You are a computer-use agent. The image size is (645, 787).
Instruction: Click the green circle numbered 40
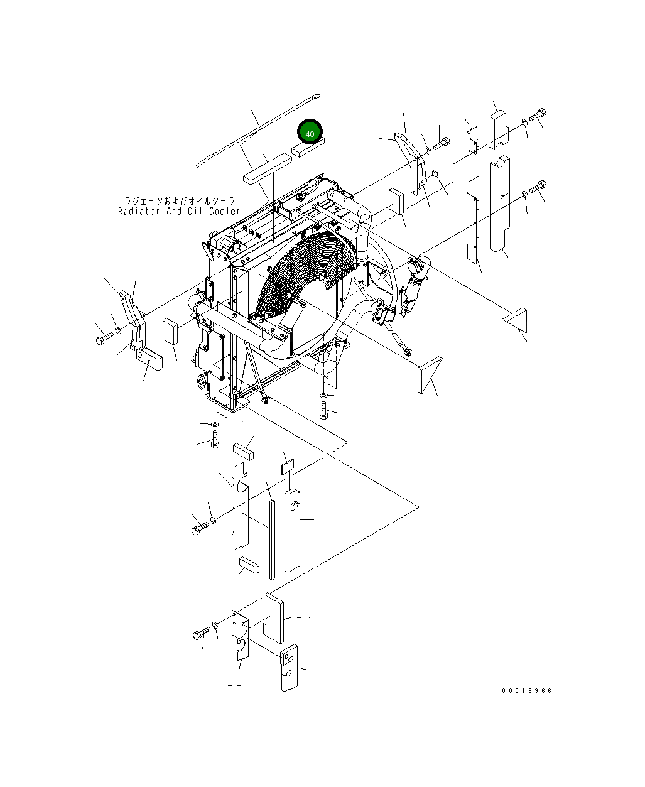[310, 133]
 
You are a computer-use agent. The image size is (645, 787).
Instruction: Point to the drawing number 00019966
[526, 691]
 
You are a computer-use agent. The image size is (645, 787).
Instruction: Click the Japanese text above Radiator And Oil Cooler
[179, 201]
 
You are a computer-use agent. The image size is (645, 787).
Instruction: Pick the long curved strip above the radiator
[257, 129]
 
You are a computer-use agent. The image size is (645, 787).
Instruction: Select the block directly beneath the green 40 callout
[308, 148]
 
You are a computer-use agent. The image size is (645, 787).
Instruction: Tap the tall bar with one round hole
[293, 531]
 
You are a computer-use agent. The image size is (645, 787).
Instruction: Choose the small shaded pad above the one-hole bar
[287, 465]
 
